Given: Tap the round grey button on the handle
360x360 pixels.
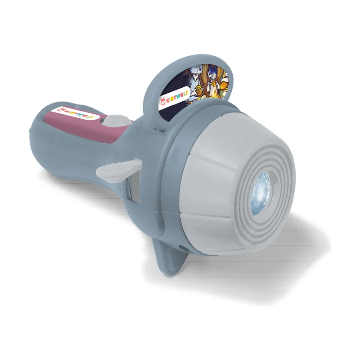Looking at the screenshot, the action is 117,120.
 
